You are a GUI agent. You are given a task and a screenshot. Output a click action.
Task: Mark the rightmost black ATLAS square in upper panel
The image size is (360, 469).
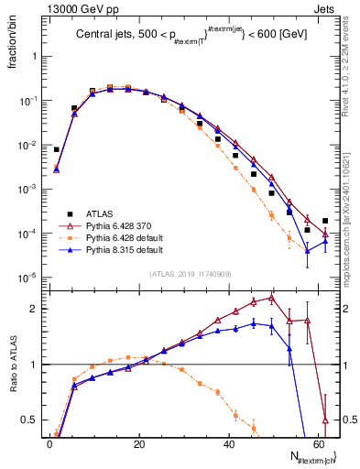325,221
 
